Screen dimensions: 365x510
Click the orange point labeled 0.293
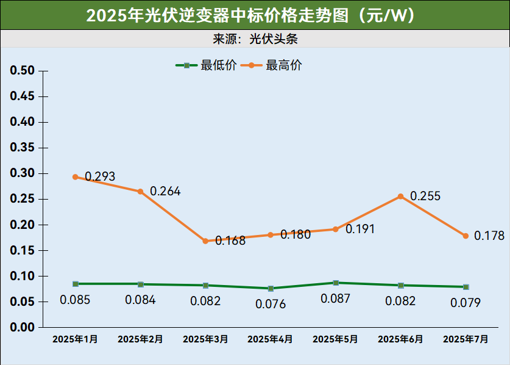pos(76,177)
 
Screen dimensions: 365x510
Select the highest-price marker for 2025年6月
pos(400,197)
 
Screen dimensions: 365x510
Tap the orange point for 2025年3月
pos(205,241)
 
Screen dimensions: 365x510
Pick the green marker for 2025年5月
pos(336,283)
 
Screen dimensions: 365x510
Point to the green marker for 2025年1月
pos(76,284)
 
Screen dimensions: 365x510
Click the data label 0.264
pos(165,191)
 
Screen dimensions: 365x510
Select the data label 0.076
pos(271,304)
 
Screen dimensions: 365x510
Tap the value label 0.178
pos(489,236)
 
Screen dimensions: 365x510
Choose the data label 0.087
pos(336,298)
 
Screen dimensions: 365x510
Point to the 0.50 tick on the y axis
pos(23,71)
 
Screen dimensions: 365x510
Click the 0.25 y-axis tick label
pos(23,199)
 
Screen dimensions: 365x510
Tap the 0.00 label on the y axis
pos(23,327)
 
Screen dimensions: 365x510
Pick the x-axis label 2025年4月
pos(271,339)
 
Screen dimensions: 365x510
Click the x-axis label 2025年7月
pos(466,339)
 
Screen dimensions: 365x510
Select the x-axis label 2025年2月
pos(140,339)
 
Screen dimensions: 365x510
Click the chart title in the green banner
pos(255,15)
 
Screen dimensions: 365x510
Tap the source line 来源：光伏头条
pos(255,39)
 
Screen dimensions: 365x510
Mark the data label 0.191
pos(360,229)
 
